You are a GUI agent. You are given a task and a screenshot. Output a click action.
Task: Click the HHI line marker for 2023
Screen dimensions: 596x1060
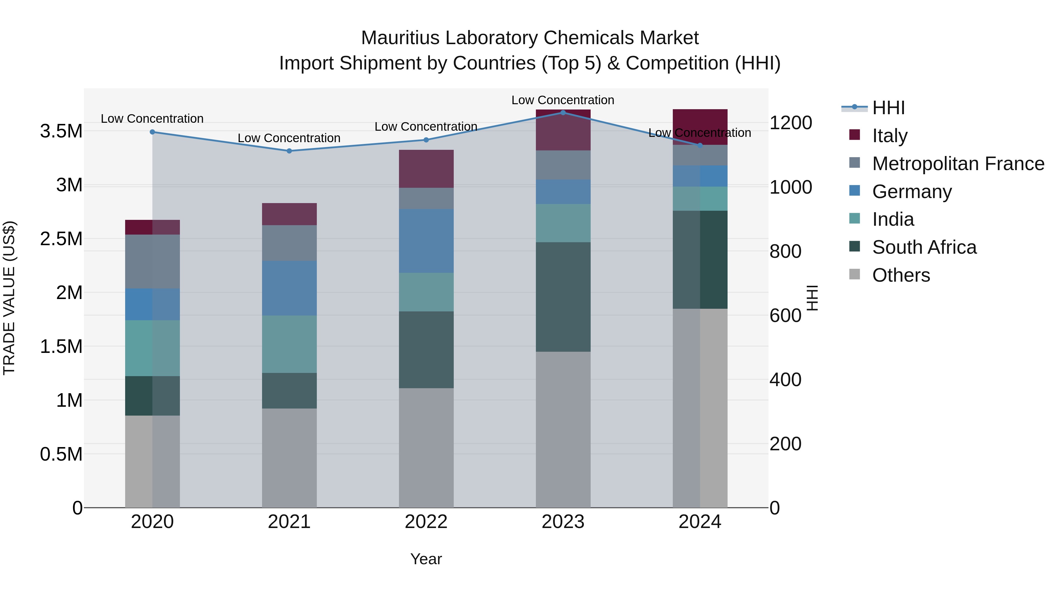(x=563, y=112)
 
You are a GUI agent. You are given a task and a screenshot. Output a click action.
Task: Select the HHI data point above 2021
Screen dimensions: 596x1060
(x=289, y=151)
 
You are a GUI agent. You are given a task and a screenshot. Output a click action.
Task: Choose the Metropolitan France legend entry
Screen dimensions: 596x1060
(x=958, y=164)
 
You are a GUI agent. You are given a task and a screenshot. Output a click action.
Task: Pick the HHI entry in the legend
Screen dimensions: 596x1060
(x=888, y=108)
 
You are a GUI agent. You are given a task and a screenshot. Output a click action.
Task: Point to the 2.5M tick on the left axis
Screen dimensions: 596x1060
(x=61, y=239)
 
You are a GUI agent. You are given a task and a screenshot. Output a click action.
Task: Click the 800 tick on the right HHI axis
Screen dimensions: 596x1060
(x=785, y=251)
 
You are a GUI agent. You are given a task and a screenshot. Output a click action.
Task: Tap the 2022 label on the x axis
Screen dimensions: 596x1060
(x=426, y=522)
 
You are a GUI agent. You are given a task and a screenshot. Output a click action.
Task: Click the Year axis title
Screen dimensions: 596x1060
(x=426, y=559)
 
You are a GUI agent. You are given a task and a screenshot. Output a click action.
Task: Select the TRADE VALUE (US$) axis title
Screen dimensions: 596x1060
(x=9, y=298)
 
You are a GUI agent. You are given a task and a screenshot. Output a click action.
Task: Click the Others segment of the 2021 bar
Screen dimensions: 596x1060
(x=289, y=457)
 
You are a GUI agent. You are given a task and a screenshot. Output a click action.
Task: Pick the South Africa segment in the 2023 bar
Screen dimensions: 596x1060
(x=563, y=297)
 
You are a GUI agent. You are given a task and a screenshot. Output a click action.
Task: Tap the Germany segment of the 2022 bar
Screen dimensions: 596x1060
(x=426, y=241)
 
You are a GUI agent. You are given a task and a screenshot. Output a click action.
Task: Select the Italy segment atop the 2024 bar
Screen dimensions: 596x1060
(x=700, y=127)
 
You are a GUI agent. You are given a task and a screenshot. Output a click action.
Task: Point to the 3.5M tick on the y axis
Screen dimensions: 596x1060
(x=61, y=132)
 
